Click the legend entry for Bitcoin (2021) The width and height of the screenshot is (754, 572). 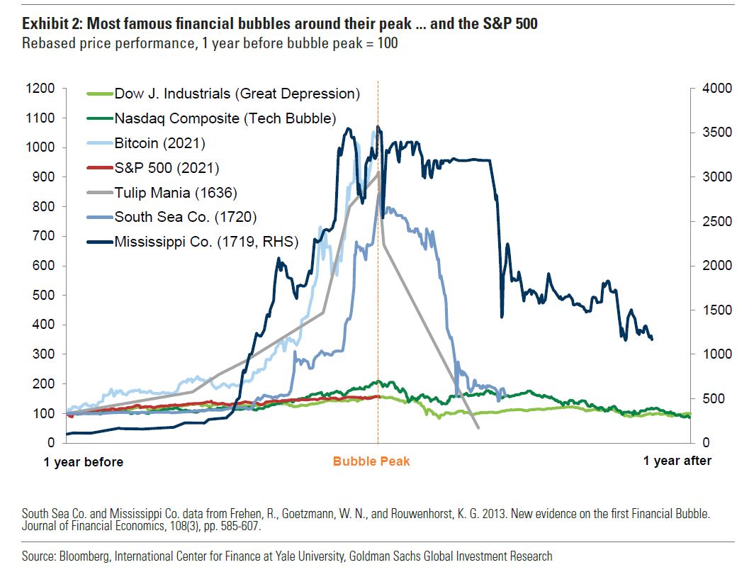tap(159, 143)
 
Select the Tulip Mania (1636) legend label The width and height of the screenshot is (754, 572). tap(175, 192)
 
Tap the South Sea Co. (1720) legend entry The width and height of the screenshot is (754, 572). tap(185, 217)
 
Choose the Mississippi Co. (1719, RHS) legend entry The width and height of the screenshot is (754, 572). tap(206, 242)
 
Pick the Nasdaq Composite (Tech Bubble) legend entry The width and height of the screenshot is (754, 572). tap(225, 118)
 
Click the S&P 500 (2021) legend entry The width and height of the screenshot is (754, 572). tap(167, 168)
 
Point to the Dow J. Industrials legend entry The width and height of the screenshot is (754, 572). tap(237, 94)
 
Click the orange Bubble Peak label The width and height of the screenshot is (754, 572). tap(371, 461)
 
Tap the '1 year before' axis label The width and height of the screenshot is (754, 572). tap(84, 462)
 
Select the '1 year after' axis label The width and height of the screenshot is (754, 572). tap(677, 461)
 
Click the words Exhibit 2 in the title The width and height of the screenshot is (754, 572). tap(50, 24)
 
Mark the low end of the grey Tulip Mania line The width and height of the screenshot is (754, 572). tap(478, 427)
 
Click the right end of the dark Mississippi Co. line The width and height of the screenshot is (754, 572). tap(651, 339)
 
